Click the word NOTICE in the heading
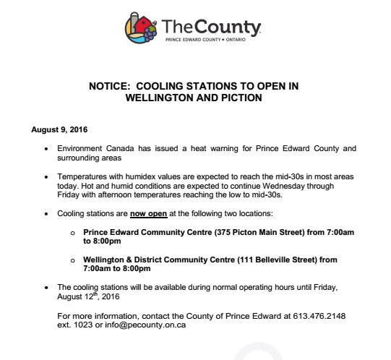(x=111, y=85)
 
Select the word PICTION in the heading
(x=239, y=97)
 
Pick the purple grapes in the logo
(x=149, y=34)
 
